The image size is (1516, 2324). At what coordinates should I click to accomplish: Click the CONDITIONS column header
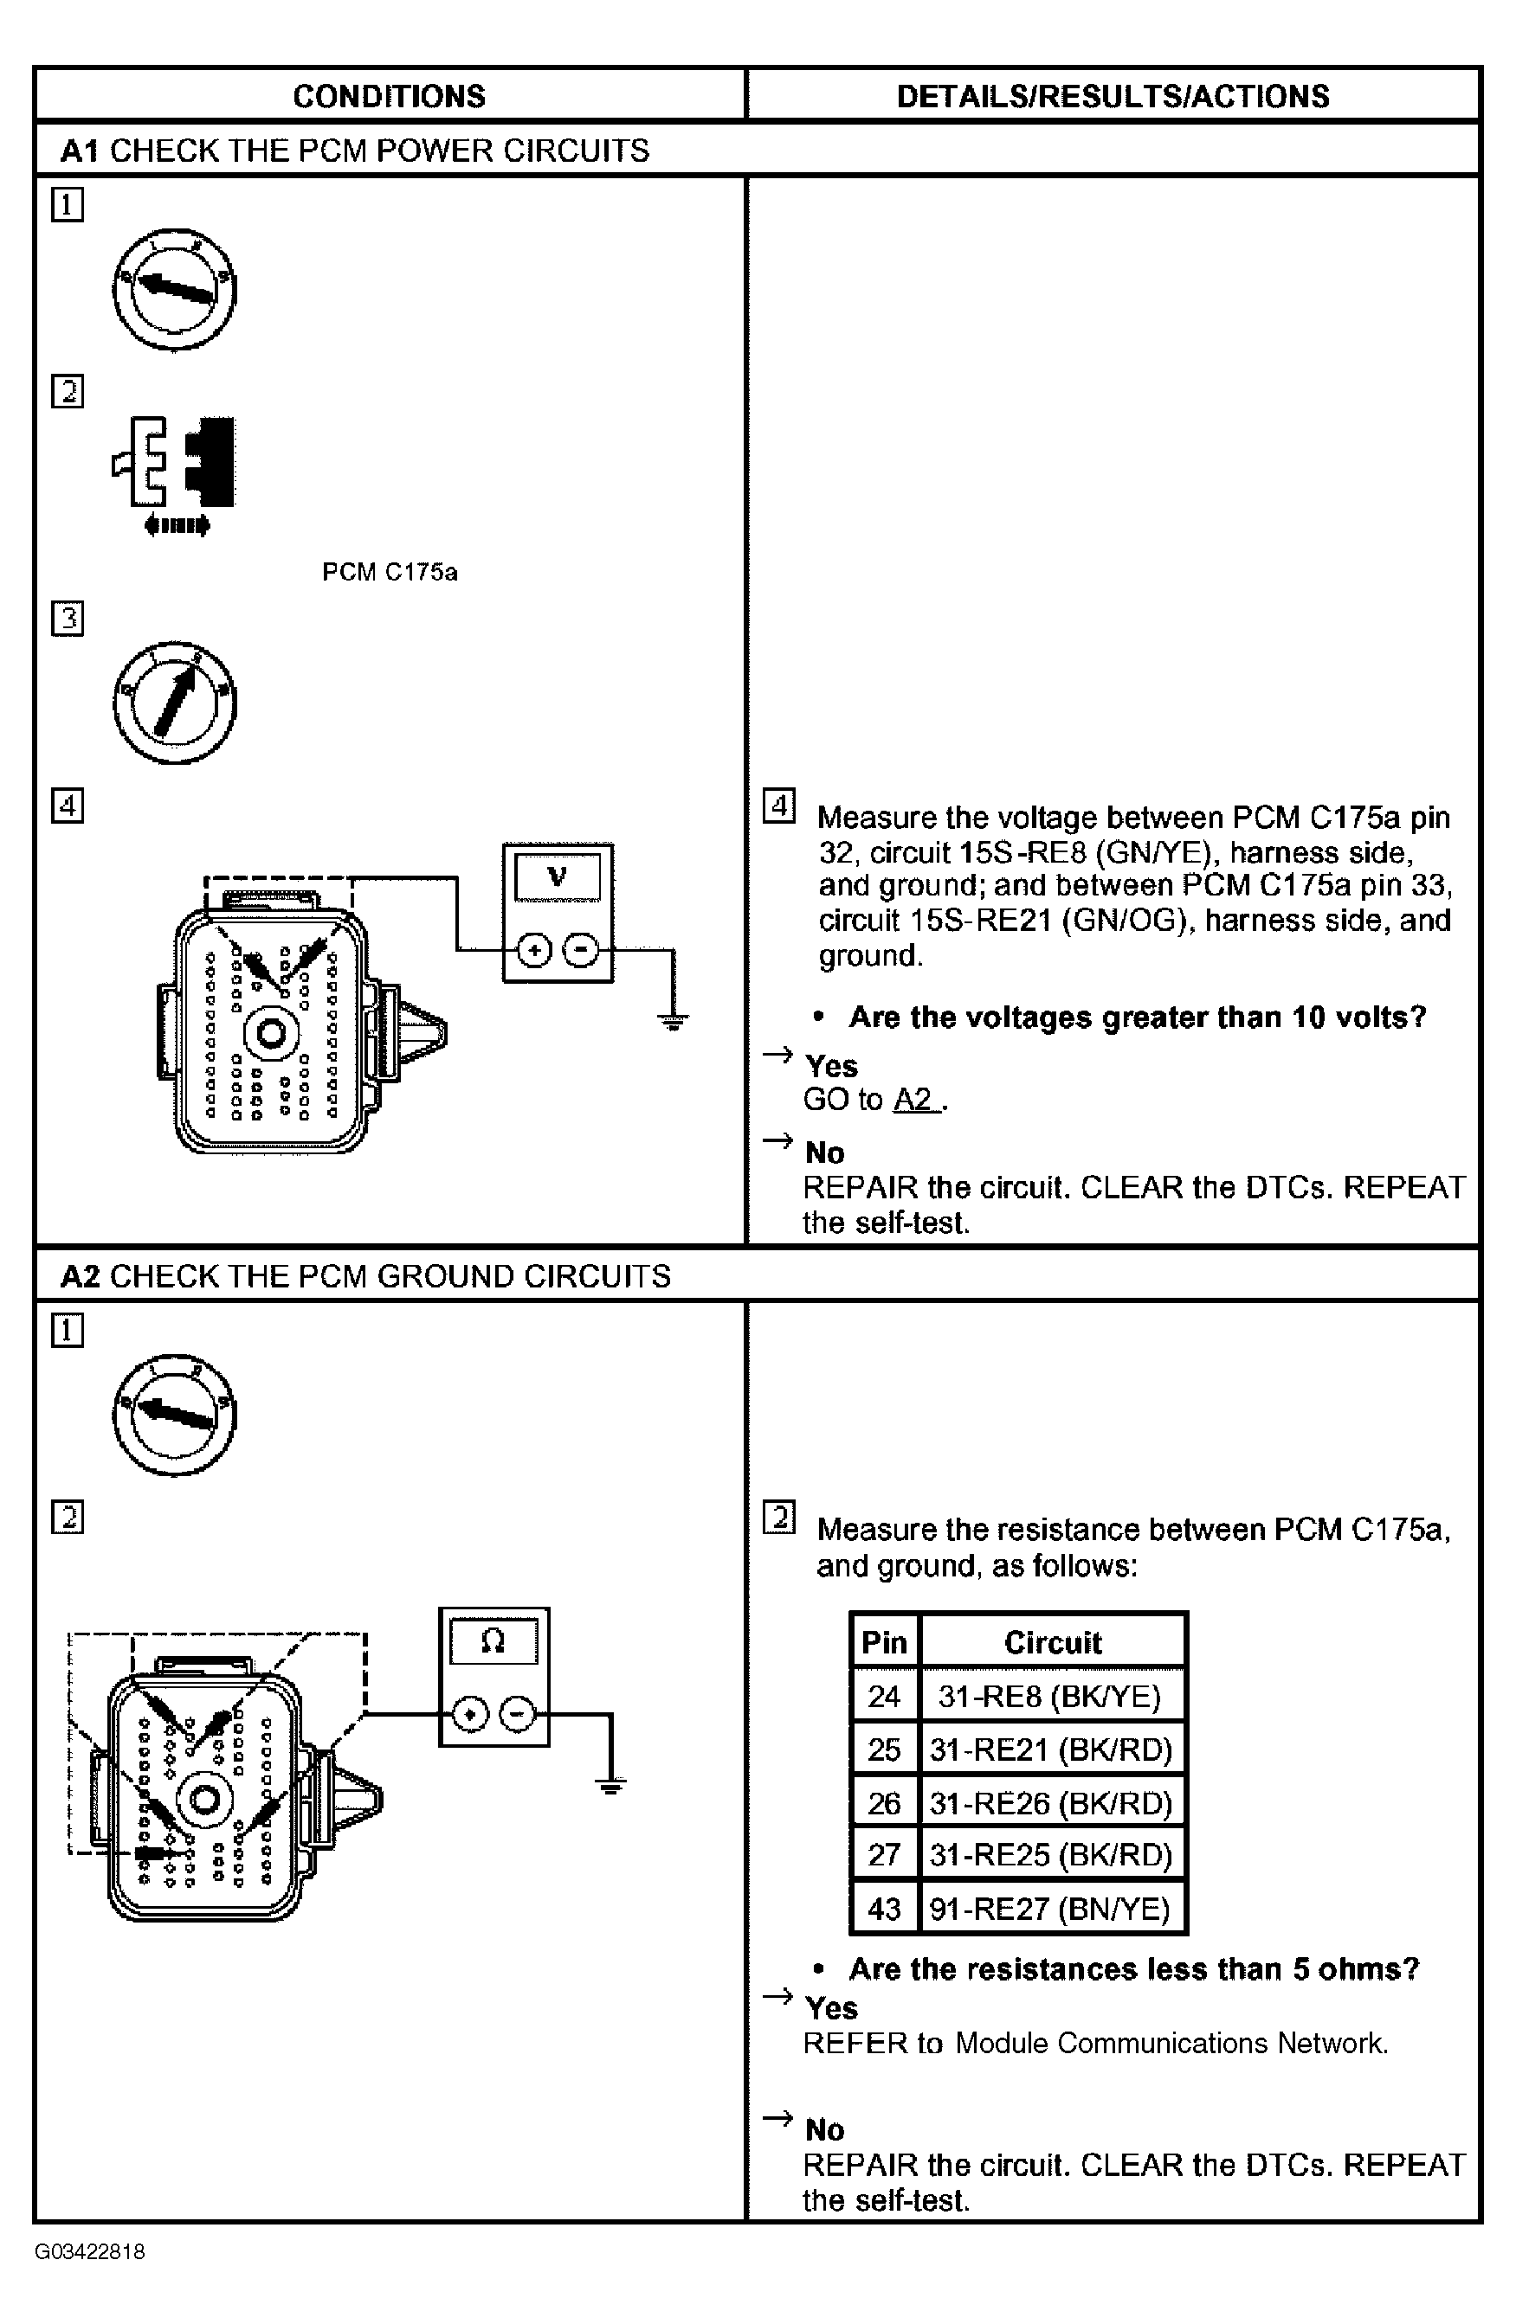click(x=389, y=96)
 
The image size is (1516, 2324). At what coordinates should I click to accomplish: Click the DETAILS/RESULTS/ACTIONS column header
click(x=1113, y=96)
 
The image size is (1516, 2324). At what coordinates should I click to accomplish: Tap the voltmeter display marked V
click(x=557, y=876)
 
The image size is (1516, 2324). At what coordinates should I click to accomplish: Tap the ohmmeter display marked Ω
click(x=494, y=1641)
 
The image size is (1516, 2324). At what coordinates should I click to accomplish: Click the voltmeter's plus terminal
click(x=533, y=949)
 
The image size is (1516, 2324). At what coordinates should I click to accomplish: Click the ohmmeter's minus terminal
click(x=518, y=1714)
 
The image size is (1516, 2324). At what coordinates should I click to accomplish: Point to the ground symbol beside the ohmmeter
click(x=610, y=1786)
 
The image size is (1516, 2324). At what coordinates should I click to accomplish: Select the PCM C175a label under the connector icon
click(x=390, y=572)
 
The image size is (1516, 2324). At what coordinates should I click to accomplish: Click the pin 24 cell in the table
click(x=884, y=1696)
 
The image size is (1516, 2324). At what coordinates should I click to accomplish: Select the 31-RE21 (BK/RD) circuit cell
click(x=1051, y=1749)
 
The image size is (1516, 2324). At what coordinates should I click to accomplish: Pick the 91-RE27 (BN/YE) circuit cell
click(x=1050, y=1908)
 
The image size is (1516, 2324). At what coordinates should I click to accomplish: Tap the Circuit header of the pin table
click(x=1052, y=1642)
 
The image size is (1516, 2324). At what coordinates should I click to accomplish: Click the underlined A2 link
click(x=914, y=1100)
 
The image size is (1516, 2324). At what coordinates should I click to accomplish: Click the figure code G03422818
click(x=90, y=2251)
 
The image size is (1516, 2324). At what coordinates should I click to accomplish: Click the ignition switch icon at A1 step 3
click(x=175, y=703)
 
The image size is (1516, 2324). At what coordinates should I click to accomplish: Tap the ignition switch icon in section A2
click(x=175, y=1414)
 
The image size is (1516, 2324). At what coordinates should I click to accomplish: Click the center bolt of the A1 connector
click(x=271, y=1033)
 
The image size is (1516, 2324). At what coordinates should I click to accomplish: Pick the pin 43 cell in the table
click(x=884, y=1908)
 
